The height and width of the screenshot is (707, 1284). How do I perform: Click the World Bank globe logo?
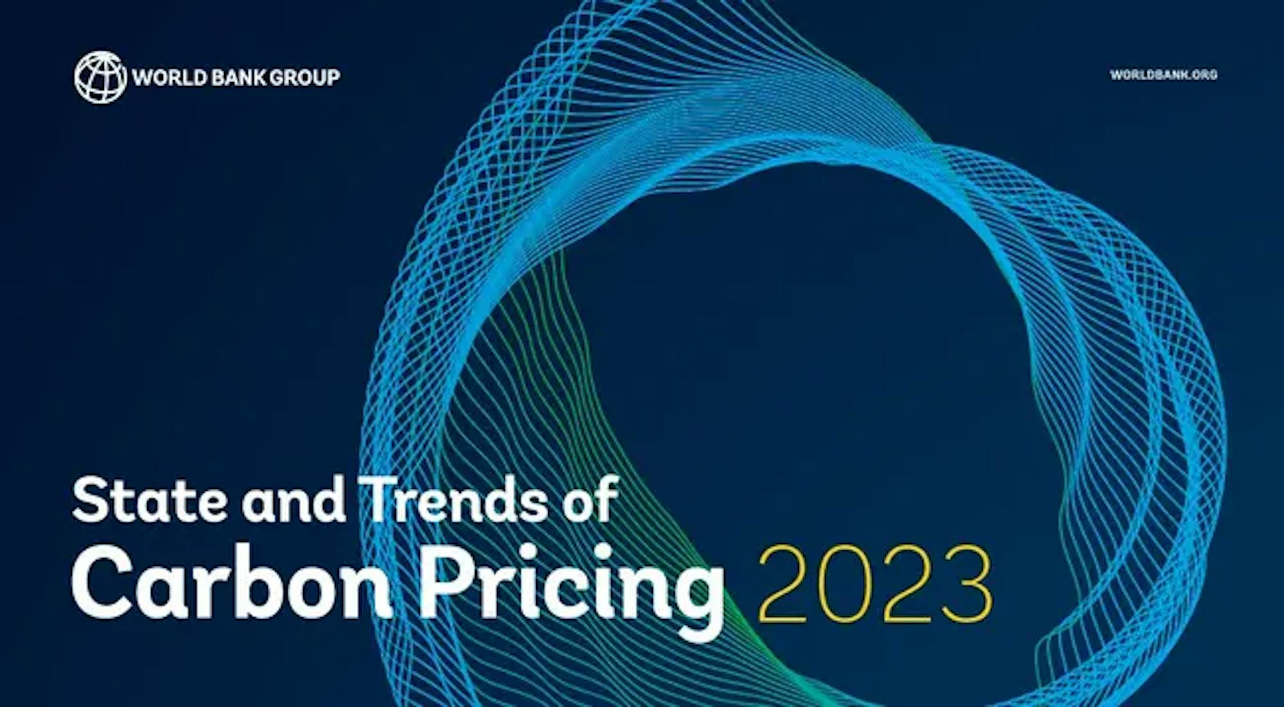coord(100,77)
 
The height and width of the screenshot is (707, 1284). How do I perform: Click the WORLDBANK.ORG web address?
coord(1163,75)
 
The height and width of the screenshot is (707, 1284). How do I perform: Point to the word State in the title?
coord(150,499)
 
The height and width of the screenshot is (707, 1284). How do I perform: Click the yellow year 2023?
coord(876,584)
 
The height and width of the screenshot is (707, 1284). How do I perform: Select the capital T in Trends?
coord(383,500)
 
